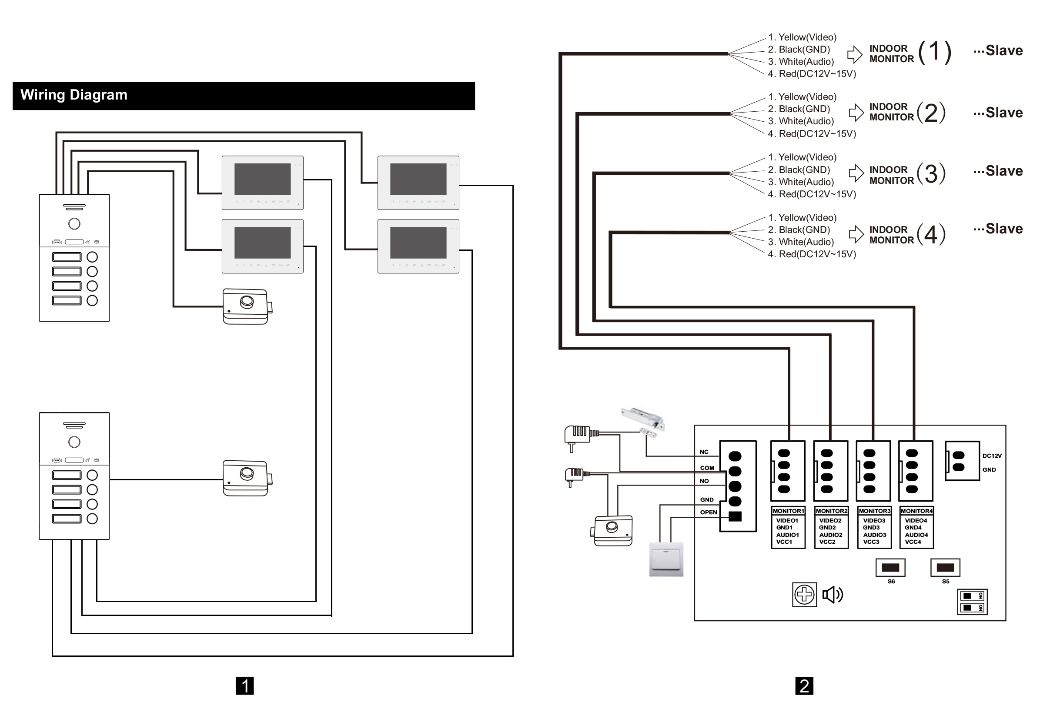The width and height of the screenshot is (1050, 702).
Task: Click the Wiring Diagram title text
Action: [74, 95]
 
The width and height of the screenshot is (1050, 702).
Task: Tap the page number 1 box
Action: [244, 685]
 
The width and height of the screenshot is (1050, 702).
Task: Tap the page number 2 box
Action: [804, 685]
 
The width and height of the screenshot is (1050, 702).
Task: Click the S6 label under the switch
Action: [891, 581]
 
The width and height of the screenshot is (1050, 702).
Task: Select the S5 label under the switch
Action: [945, 581]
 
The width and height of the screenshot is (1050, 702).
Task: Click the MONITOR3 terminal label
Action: [874, 511]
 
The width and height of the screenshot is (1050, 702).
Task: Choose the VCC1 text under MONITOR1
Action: [784, 542]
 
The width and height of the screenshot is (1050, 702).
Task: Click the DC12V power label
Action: [992, 456]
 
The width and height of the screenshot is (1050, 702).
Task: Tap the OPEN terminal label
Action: [708, 512]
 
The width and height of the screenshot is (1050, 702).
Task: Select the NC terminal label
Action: [704, 452]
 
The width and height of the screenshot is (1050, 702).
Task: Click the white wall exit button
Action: [666, 559]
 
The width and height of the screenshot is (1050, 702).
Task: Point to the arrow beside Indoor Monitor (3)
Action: [856, 173]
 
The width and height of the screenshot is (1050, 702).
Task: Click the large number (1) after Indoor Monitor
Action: [934, 52]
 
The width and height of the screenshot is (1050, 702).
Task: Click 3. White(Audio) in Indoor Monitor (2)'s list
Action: [801, 121]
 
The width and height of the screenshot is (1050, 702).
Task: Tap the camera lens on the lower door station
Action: [74, 442]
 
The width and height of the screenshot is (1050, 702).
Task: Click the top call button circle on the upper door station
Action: [92, 257]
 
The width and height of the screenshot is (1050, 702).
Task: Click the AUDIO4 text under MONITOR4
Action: [916, 535]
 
